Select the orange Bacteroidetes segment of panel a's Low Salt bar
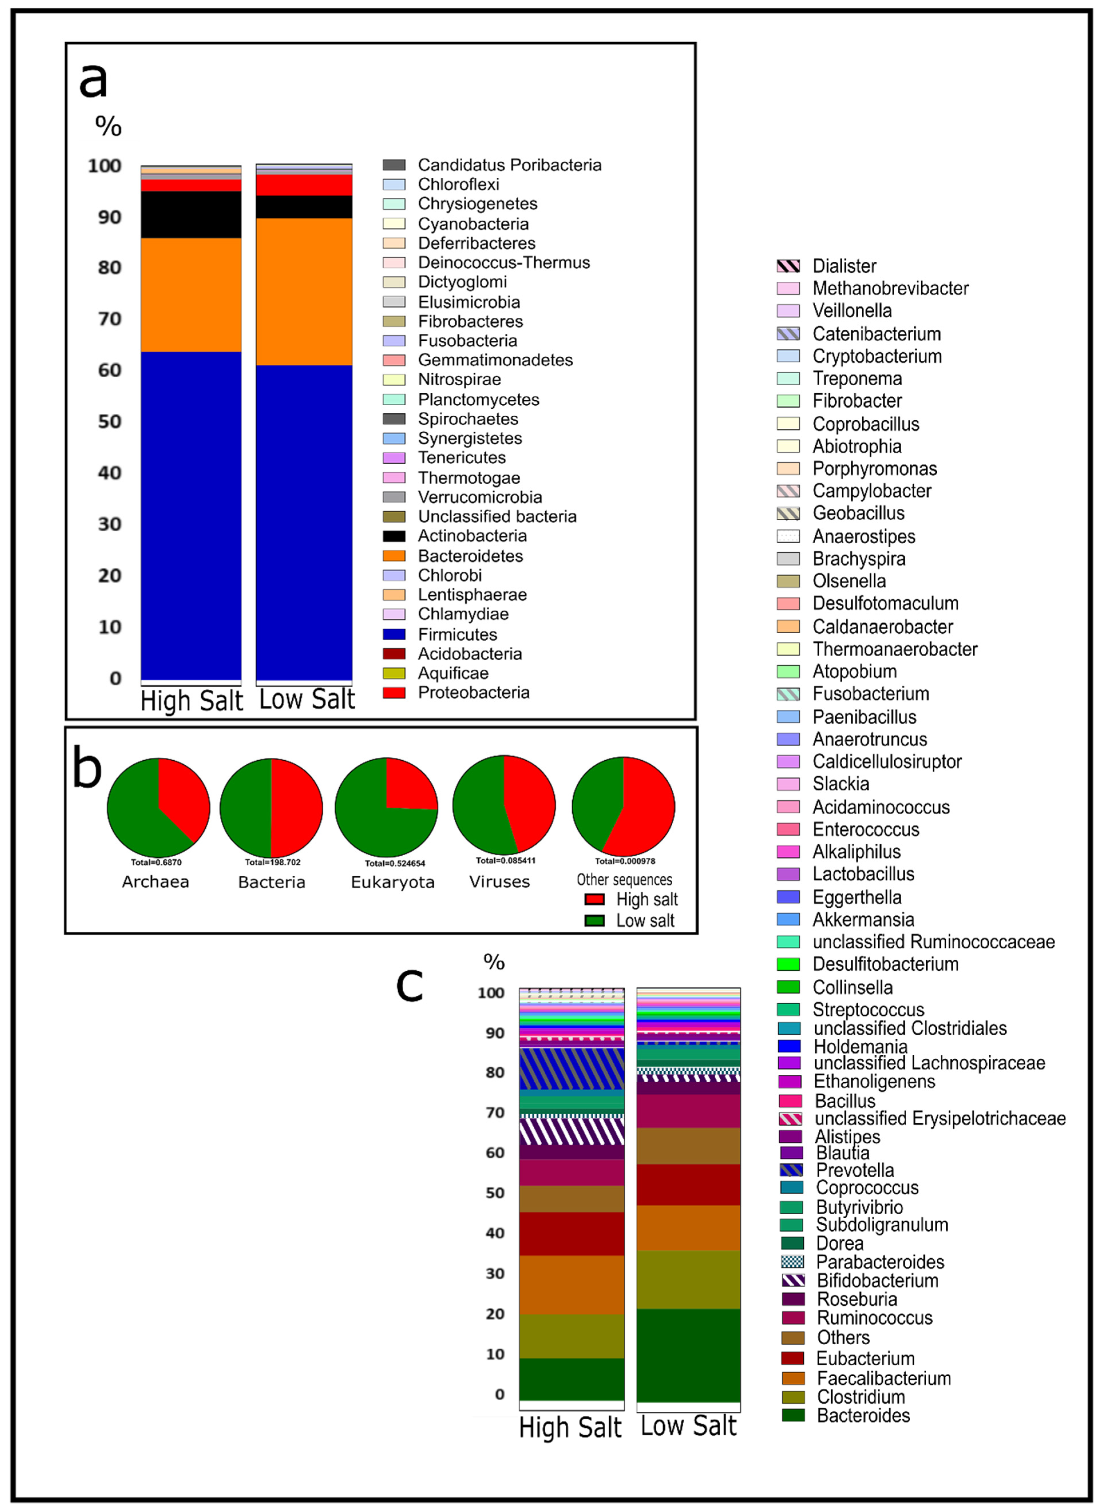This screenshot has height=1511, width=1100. click(x=304, y=292)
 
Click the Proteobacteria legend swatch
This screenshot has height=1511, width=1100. click(x=394, y=693)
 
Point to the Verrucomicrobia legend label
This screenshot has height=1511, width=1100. click(x=480, y=497)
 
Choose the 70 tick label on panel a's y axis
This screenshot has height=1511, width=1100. click(x=110, y=319)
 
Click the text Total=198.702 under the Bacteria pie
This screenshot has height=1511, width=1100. click(x=273, y=862)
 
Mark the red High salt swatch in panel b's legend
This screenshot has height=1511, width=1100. click(x=594, y=899)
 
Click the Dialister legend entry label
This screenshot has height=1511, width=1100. click(x=844, y=267)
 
